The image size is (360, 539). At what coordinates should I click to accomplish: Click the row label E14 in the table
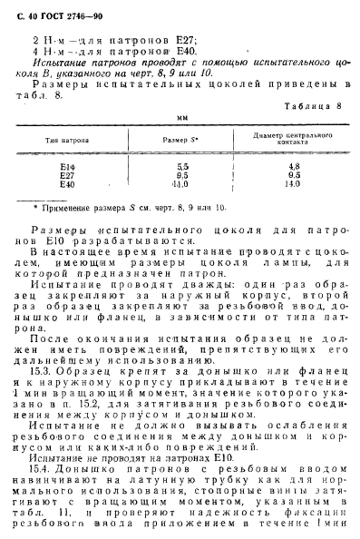(68, 167)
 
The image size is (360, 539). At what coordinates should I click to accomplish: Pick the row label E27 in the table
(68, 175)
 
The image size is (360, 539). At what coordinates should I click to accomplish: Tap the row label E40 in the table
(68, 184)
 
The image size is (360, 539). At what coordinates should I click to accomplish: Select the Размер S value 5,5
(182, 167)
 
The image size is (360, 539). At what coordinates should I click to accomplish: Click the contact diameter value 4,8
(293, 167)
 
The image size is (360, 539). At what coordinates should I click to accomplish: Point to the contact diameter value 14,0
(292, 184)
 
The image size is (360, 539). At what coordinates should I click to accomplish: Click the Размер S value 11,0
(181, 184)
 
